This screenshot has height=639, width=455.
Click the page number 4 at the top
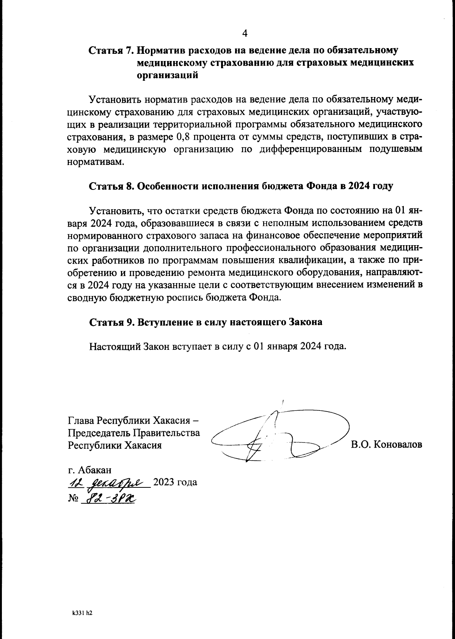coord(245,34)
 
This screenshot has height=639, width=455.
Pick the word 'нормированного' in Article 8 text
coord(105,235)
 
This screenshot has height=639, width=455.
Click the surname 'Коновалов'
coord(397,445)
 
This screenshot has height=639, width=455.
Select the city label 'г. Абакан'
coord(89,470)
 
